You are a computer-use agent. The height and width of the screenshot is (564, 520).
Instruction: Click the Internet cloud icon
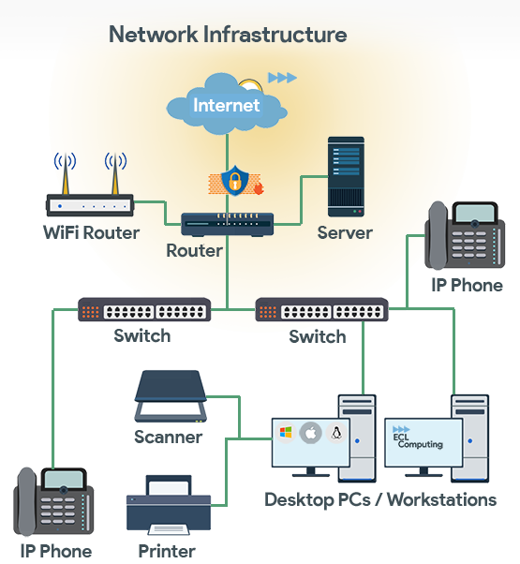tap(227, 104)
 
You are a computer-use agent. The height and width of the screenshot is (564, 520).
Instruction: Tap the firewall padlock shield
tap(234, 181)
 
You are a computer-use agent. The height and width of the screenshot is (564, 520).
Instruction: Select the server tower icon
tap(346, 177)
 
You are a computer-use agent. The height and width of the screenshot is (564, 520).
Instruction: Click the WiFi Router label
tap(91, 232)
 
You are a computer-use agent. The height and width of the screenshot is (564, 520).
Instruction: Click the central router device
tap(228, 225)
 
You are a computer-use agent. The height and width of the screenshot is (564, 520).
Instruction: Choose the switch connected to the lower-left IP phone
tap(144, 309)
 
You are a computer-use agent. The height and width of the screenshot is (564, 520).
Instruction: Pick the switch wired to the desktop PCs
tap(322, 309)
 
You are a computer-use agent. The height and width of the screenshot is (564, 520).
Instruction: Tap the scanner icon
tap(171, 396)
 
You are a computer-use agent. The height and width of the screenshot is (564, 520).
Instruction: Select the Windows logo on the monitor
tap(286, 433)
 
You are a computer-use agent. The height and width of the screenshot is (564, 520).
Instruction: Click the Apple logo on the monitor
tap(311, 433)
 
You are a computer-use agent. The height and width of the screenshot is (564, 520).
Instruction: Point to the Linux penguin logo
tap(335, 433)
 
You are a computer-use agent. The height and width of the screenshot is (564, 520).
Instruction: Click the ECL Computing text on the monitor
tap(418, 440)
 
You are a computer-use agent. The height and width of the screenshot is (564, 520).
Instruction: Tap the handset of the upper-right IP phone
tap(438, 235)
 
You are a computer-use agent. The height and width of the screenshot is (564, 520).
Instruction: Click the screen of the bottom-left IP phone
tap(64, 479)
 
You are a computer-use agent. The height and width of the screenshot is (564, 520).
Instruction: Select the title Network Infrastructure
tap(228, 35)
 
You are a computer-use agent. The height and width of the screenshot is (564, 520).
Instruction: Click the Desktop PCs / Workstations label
tap(380, 500)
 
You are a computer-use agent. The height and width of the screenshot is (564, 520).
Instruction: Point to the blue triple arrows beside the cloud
tap(283, 78)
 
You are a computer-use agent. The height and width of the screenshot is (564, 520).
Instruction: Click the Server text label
tap(345, 232)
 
